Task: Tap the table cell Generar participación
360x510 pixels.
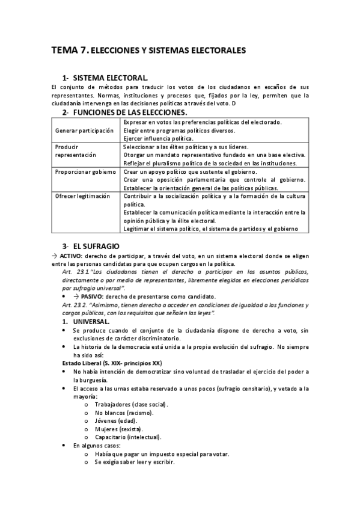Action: click(84, 131)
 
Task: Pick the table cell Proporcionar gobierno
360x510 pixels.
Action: click(84, 171)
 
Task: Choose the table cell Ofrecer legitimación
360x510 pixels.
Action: click(83, 196)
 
